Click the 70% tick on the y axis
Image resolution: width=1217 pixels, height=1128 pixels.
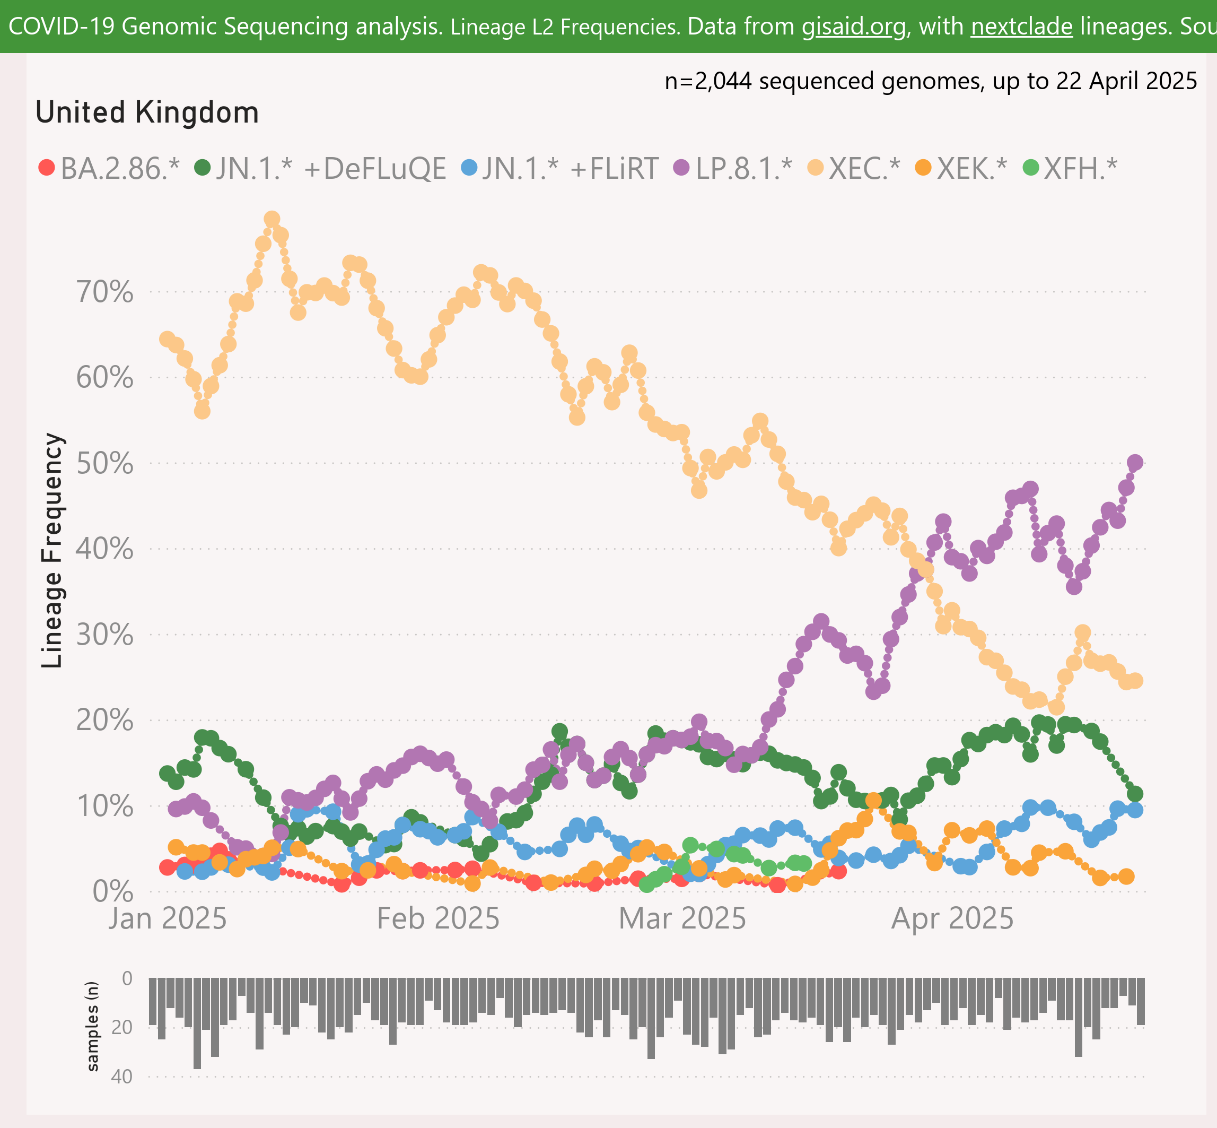click(104, 292)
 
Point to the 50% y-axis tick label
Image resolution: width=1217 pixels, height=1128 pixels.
click(104, 464)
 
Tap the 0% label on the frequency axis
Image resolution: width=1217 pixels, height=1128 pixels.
click(113, 892)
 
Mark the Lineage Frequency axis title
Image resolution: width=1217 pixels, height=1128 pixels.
click(52, 550)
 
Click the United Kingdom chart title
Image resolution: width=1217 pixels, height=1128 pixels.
click(147, 113)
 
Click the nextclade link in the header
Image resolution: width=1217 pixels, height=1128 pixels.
click(1022, 27)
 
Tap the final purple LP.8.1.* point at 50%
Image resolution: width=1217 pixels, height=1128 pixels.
click(1135, 462)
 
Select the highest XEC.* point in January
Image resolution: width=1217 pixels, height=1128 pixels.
click(272, 219)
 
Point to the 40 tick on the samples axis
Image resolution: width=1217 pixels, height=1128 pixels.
click(122, 1077)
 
